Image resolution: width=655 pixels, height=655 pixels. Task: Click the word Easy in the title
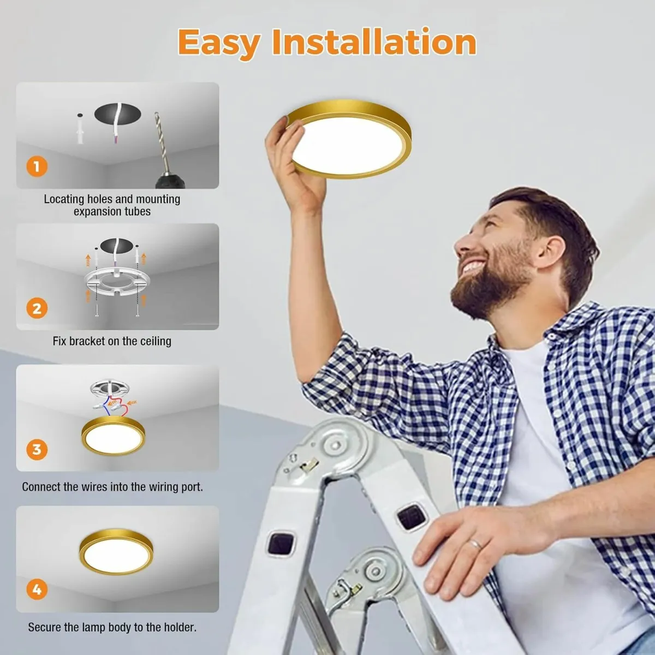pos(219,44)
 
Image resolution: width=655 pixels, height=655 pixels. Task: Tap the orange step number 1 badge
pos(37,166)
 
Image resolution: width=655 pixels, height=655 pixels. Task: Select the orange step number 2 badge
pos(37,308)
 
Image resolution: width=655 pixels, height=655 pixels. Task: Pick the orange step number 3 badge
pos(37,449)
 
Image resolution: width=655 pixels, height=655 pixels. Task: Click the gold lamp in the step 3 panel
pos(113,436)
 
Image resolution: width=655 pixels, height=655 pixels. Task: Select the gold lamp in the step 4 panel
pos(116,551)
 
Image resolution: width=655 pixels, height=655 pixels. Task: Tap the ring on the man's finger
pos(475,545)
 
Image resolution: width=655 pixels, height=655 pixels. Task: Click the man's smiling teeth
pos(474,266)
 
